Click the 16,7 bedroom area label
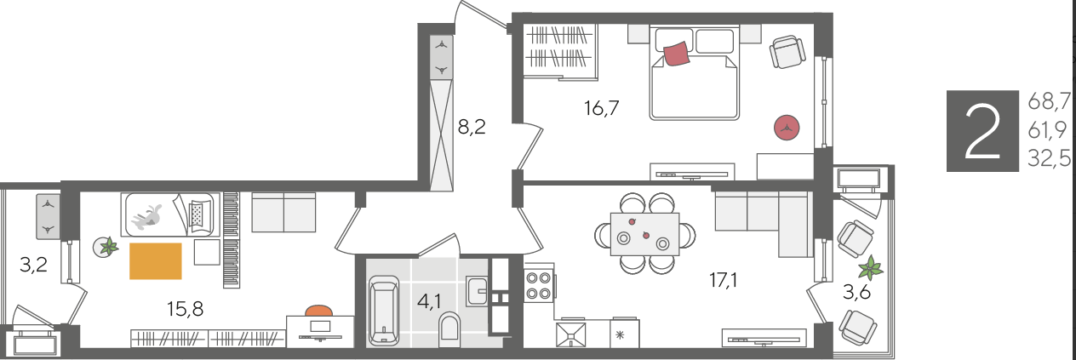click(601, 108)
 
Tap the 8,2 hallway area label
click(472, 127)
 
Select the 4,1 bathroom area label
click(429, 302)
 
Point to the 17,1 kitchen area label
click(724, 280)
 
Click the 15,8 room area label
click(186, 309)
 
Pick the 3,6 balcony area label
click(857, 292)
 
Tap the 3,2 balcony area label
click(33, 265)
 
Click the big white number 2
click(982, 131)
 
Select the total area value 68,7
click(1049, 102)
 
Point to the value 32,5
click(1049, 158)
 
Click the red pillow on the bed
click(678, 53)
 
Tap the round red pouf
click(787, 128)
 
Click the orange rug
click(156, 261)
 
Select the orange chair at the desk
click(319, 310)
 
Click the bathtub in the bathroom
click(384, 310)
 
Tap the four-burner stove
click(538, 286)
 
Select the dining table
click(644, 234)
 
